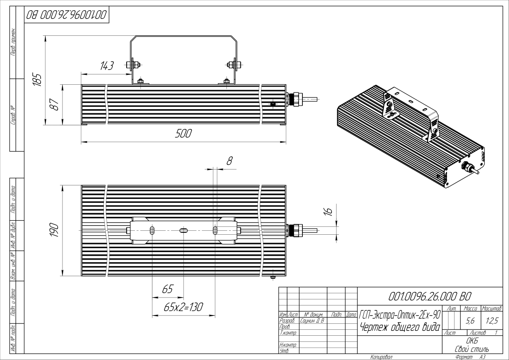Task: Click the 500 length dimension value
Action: pyautogui.click(x=183, y=134)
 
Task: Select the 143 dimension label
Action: pyautogui.click(x=107, y=66)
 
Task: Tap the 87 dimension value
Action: pyautogui.click(x=55, y=105)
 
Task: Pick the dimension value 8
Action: pyautogui.click(x=229, y=161)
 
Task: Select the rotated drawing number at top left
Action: pyautogui.click(x=66, y=15)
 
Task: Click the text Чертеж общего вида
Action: pyautogui.click(x=400, y=327)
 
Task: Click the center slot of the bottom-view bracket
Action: pyautogui.click(x=183, y=231)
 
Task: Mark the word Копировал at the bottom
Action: pyautogui.click(x=381, y=357)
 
